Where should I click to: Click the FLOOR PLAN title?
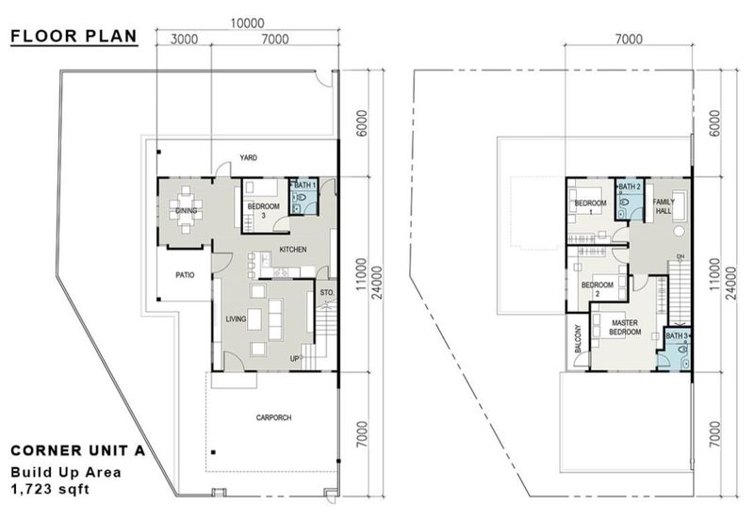click(x=73, y=37)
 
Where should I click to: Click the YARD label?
click(x=248, y=157)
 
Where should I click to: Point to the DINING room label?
click(x=186, y=211)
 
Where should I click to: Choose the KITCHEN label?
click(x=293, y=249)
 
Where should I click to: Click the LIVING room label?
click(x=236, y=319)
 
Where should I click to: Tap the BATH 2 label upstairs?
click(x=629, y=187)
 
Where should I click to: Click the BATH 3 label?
click(x=676, y=335)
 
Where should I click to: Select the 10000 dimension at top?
click(x=247, y=24)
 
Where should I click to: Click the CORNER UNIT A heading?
click(x=75, y=450)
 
